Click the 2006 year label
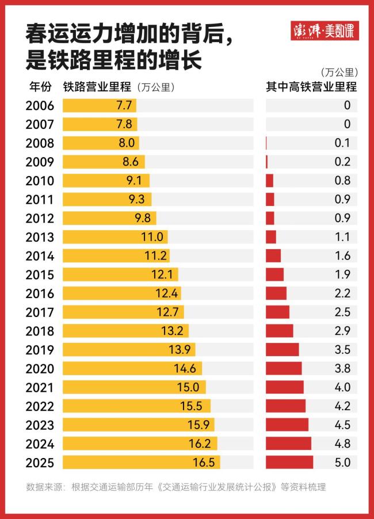point(40,106)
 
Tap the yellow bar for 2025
point(141,462)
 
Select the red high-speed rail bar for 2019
point(282,349)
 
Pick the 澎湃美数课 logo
point(325,30)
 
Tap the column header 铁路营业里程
point(97,87)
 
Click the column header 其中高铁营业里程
point(311,87)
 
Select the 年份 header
point(40,87)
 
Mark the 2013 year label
point(40,237)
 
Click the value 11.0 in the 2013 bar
point(152,237)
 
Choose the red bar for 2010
point(269,181)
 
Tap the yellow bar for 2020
point(132,368)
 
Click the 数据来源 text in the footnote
point(46,487)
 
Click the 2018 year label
point(40,331)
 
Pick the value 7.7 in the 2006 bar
point(124,106)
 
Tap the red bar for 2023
point(287,425)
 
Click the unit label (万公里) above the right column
point(338,72)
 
